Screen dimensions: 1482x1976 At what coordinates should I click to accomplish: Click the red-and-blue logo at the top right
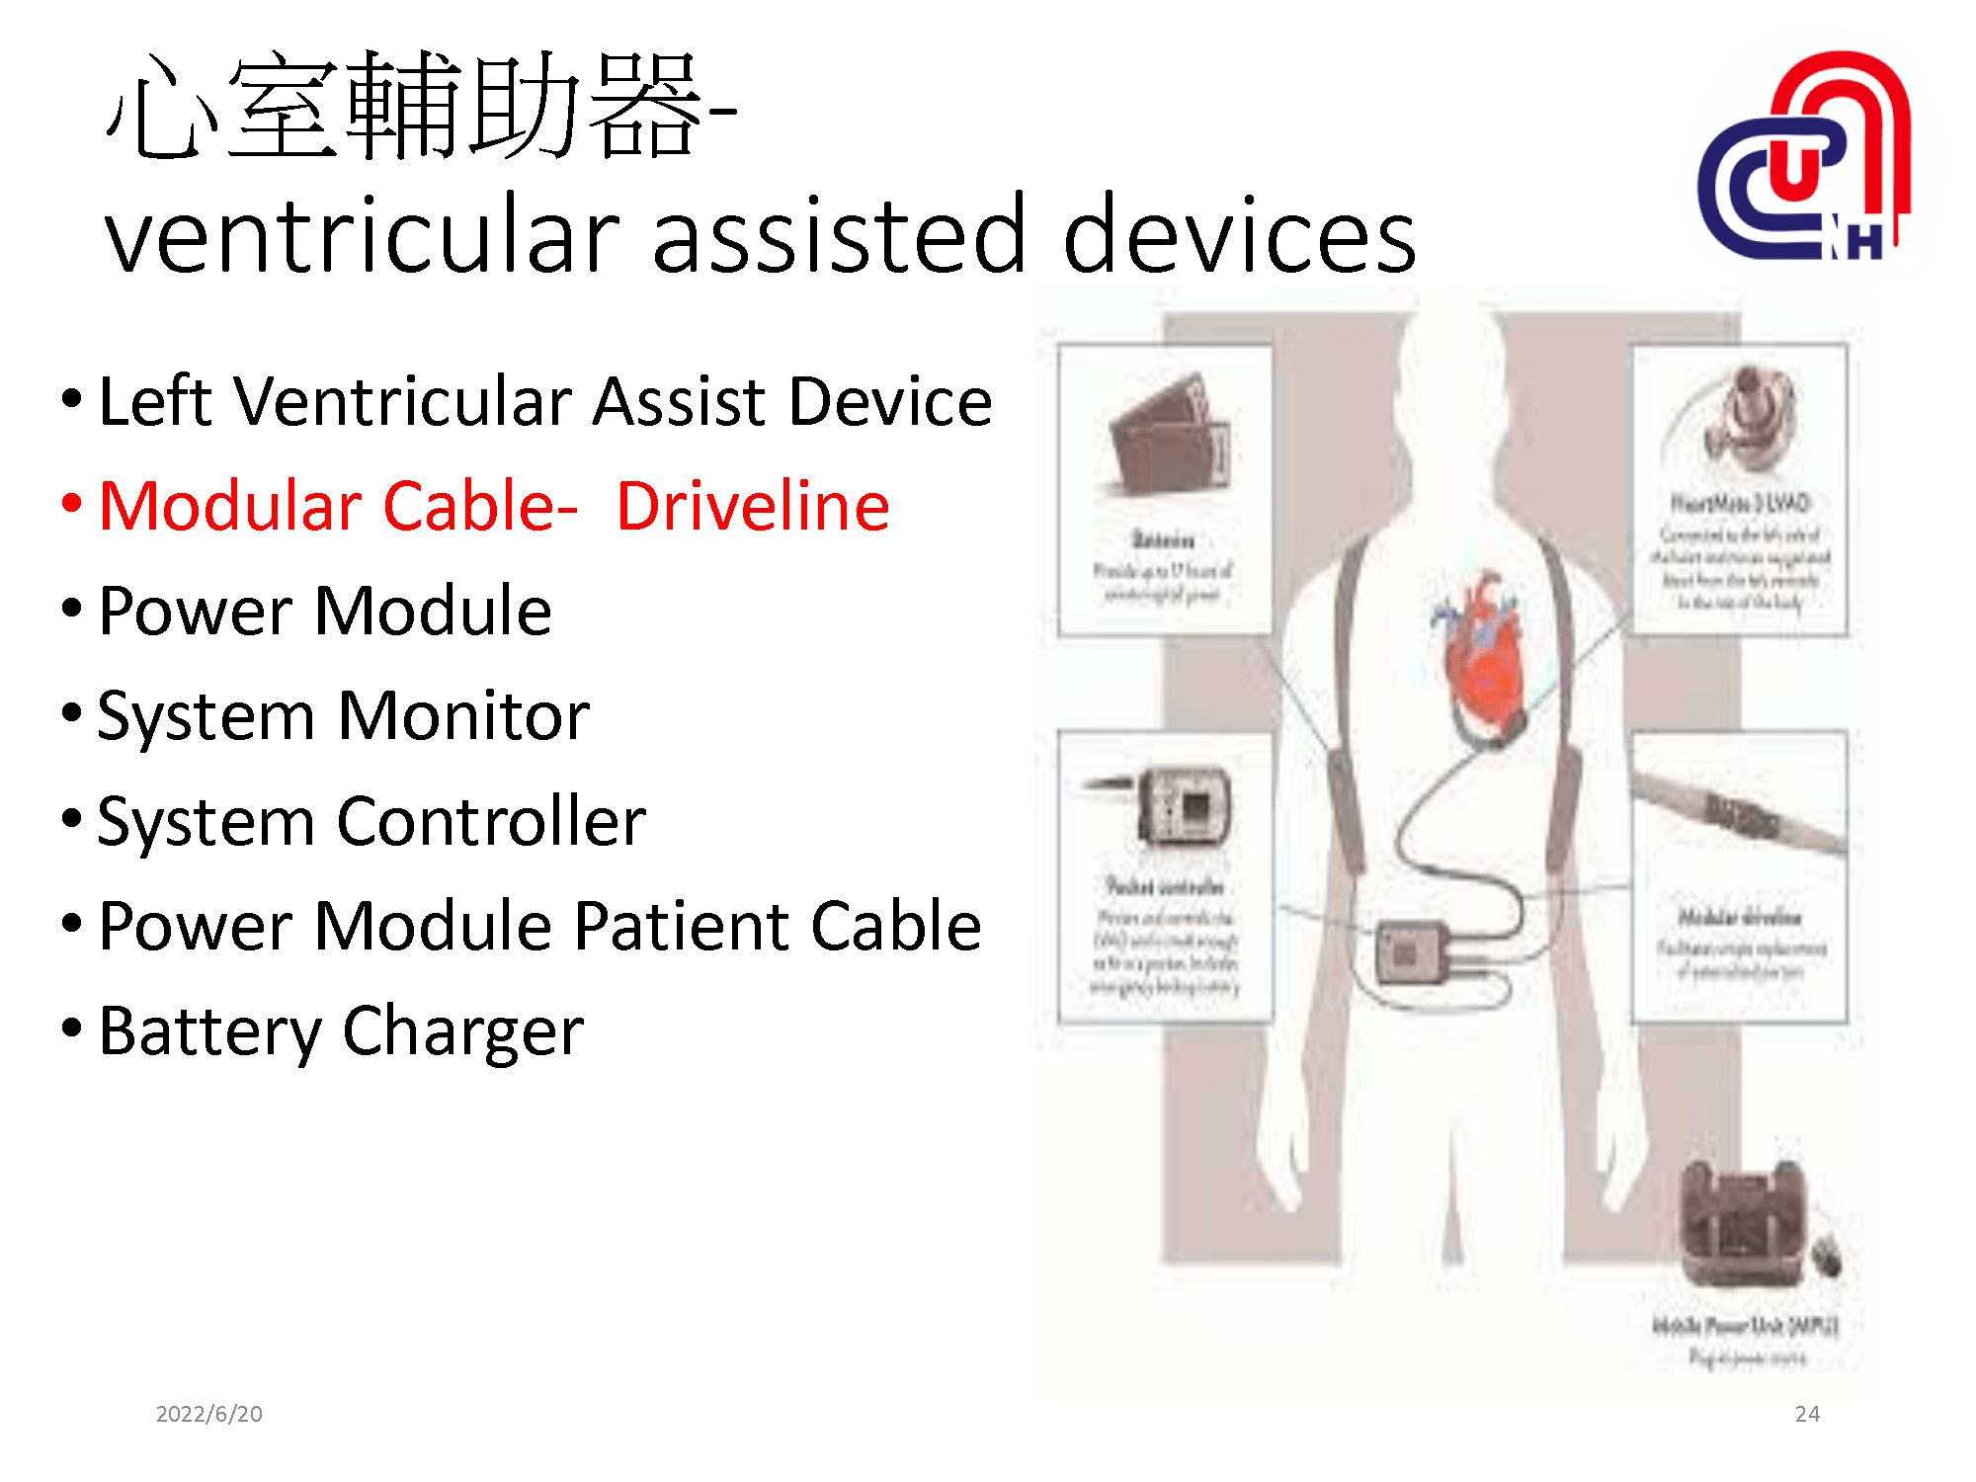tap(1804, 158)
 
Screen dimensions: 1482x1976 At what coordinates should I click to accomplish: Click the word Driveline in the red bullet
tap(753, 506)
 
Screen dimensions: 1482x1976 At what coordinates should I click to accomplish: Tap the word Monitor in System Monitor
tap(464, 715)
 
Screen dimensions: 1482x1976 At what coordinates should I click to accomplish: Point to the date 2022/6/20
tap(209, 1414)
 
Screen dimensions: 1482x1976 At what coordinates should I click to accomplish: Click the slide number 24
tap(1807, 1414)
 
